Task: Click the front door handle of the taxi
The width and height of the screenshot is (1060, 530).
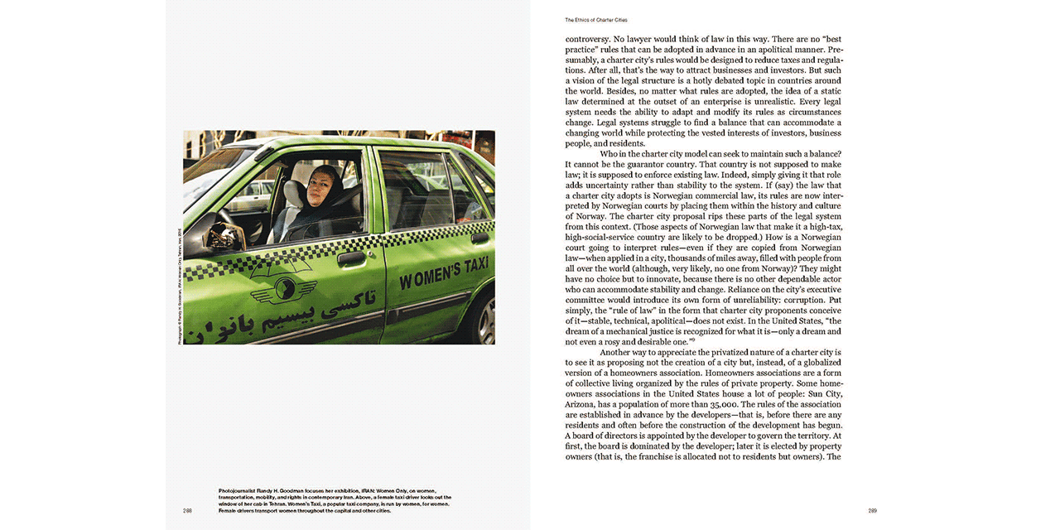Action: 351,258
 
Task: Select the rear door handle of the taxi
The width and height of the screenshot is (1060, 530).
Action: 479,238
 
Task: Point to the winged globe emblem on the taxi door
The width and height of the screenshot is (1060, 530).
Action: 284,290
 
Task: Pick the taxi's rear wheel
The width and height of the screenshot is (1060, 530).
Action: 485,320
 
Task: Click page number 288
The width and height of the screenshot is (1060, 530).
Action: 188,510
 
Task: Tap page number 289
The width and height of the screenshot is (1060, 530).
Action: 872,510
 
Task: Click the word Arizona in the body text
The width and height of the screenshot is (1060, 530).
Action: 584,404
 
